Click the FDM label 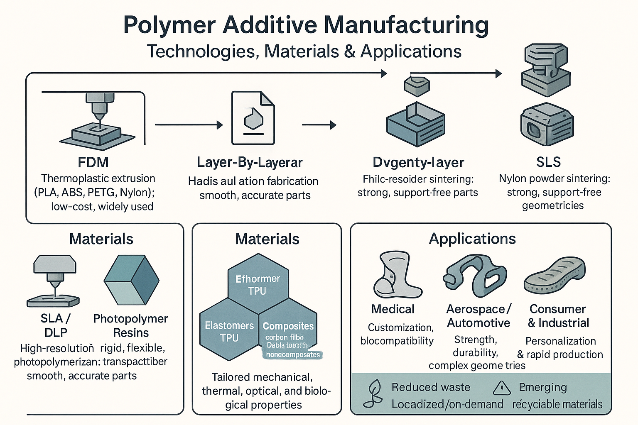(x=93, y=162)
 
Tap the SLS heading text (x=548, y=162)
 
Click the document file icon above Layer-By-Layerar (x=253, y=118)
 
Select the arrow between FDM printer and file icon (x=189, y=125)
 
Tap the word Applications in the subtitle (x=411, y=51)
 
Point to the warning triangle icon (x=501, y=388)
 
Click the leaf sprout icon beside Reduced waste (x=373, y=393)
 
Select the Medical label (x=393, y=309)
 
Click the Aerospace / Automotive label (x=478, y=316)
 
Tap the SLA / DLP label (x=56, y=325)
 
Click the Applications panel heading (x=472, y=239)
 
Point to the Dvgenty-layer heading (x=418, y=162)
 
